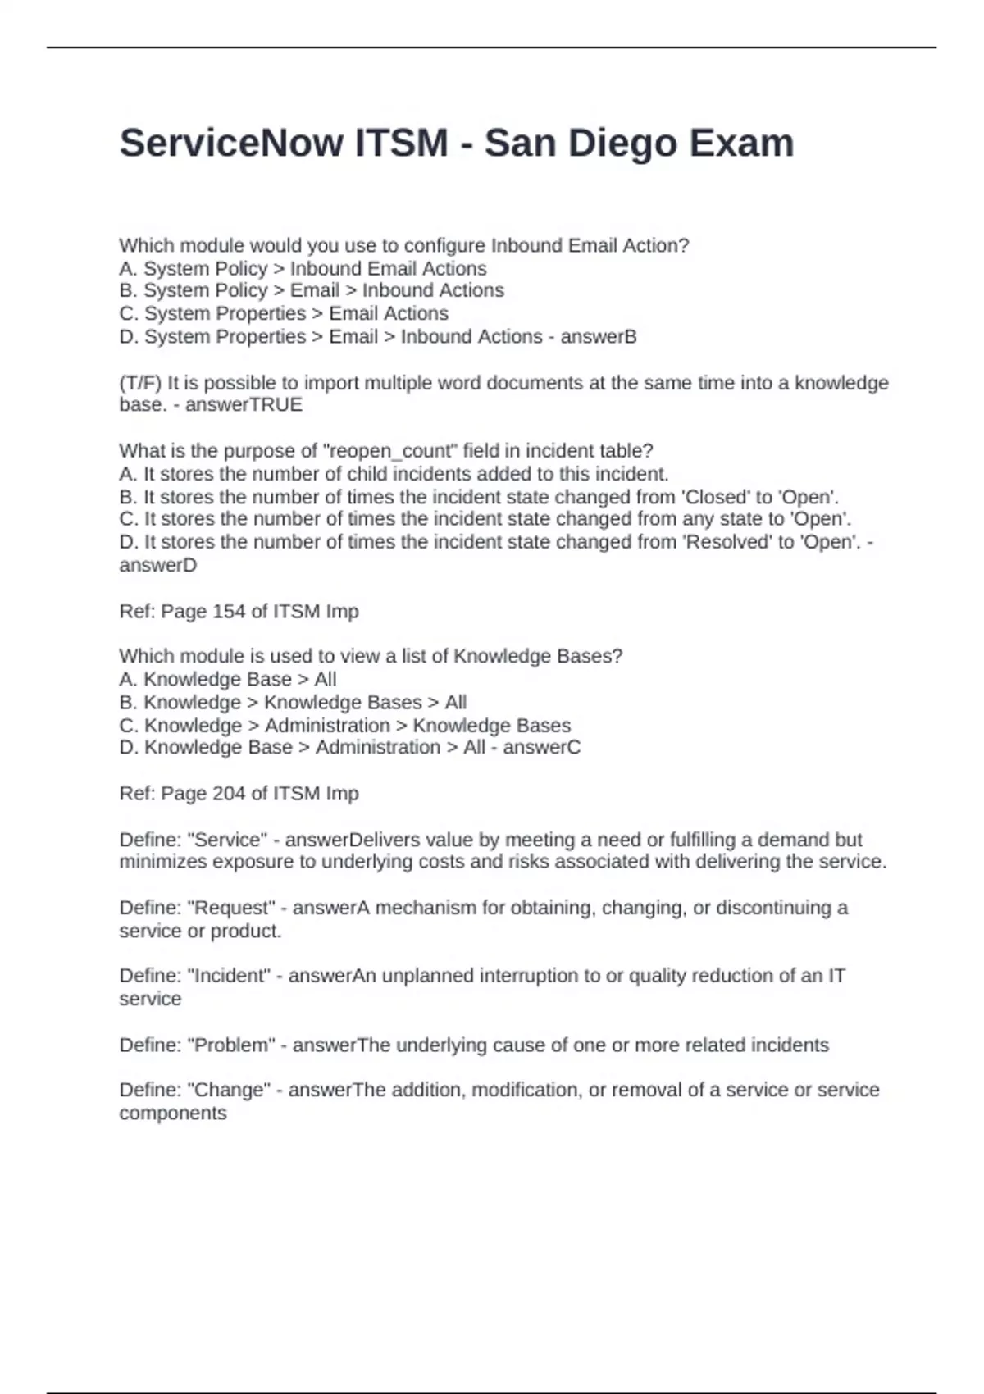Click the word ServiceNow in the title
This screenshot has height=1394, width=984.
coord(232,143)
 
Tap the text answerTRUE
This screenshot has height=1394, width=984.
coord(244,405)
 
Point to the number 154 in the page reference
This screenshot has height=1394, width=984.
coord(229,612)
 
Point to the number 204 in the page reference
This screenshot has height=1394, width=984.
coord(229,794)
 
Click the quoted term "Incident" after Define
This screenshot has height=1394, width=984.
coord(229,976)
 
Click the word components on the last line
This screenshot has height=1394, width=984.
coord(172,1114)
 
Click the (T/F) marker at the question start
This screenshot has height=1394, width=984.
coord(140,383)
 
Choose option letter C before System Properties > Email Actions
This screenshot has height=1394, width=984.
coord(127,314)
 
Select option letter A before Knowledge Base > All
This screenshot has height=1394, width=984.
coord(127,680)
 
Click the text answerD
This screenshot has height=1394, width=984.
coord(157,566)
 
